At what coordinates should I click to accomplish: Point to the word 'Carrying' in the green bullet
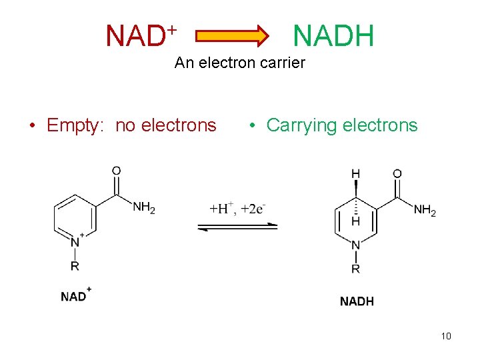pyautogui.click(x=299, y=125)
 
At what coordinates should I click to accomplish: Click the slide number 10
pyautogui.click(x=446, y=336)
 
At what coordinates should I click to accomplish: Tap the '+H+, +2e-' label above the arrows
pyautogui.click(x=238, y=209)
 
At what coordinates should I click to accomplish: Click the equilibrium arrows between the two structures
pyautogui.click(x=237, y=227)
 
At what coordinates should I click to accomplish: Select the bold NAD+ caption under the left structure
pyautogui.click(x=75, y=296)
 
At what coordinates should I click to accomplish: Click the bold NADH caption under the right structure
pyautogui.click(x=357, y=301)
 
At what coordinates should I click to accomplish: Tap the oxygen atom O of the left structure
pyautogui.click(x=116, y=171)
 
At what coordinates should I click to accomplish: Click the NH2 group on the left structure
pyautogui.click(x=144, y=207)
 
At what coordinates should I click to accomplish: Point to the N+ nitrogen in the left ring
pyautogui.click(x=76, y=241)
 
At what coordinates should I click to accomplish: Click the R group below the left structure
pyautogui.click(x=75, y=266)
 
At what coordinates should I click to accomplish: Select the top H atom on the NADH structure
pyautogui.click(x=355, y=174)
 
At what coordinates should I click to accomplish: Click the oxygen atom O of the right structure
pyautogui.click(x=397, y=174)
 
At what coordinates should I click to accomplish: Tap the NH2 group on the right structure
pyautogui.click(x=425, y=211)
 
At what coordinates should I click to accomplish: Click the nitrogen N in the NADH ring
pyautogui.click(x=355, y=245)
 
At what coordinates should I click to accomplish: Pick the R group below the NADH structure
pyautogui.click(x=355, y=269)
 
